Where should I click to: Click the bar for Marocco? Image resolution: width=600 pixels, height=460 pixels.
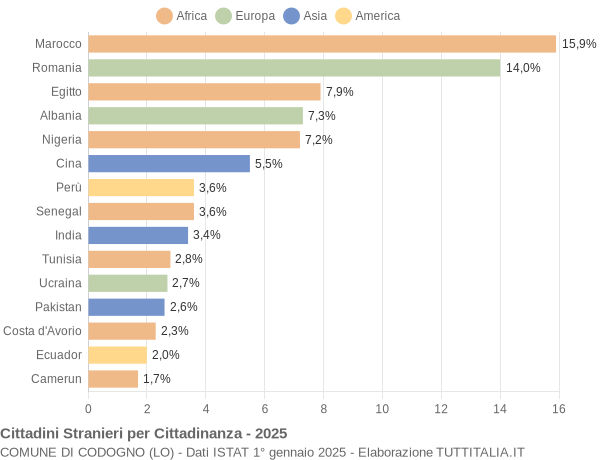point(322,44)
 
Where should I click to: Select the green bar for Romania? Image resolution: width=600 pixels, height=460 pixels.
point(294,68)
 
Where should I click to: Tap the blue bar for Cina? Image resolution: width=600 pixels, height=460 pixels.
point(169,163)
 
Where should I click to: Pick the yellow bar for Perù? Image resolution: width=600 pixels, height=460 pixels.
point(141,187)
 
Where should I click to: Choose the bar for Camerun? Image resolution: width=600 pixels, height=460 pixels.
point(113,379)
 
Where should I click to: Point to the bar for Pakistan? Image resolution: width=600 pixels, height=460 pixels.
point(126,307)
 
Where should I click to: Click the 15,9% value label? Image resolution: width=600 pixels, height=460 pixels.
point(579,44)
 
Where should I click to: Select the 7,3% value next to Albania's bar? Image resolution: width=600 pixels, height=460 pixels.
point(322,116)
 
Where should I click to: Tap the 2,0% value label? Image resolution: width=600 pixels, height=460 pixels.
point(166,355)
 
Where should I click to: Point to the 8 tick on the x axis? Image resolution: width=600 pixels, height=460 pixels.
point(323,409)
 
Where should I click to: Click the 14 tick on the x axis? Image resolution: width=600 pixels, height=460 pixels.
point(500,409)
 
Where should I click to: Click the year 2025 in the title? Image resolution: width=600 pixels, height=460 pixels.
point(270,433)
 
